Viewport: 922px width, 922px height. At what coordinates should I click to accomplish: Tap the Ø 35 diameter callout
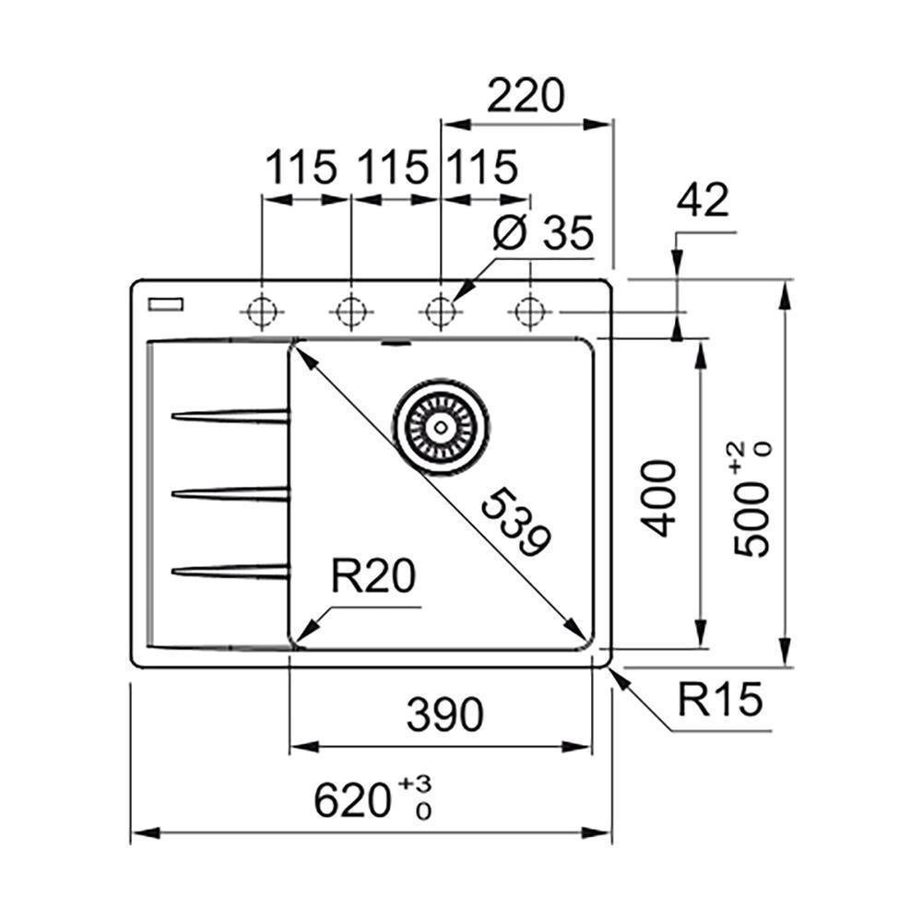[x=543, y=233]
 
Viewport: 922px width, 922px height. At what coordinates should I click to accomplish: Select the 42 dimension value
[x=703, y=200]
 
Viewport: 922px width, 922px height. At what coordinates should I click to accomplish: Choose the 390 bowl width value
[x=444, y=715]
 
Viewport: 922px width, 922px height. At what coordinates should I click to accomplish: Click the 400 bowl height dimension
[x=659, y=498]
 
